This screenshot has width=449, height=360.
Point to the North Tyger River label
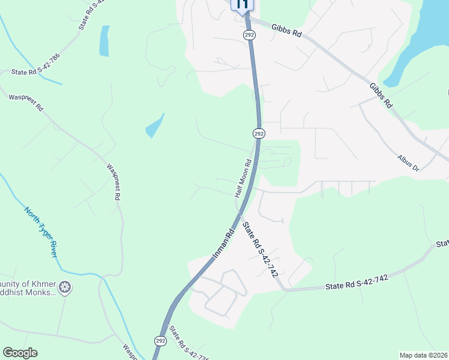point(41,232)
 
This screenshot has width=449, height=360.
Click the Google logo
point(20,353)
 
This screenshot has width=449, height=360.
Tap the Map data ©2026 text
point(423,355)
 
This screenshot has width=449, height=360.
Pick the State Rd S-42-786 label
point(36,72)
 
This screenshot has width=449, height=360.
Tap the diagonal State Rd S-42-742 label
point(262,250)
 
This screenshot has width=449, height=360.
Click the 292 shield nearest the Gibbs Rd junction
point(250,35)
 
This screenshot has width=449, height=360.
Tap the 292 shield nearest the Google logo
point(160,341)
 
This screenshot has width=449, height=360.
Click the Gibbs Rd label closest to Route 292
point(286,30)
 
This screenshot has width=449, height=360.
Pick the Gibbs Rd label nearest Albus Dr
point(381,95)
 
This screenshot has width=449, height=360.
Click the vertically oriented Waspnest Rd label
point(114,182)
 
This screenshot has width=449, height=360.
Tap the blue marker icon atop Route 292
point(242,5)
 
